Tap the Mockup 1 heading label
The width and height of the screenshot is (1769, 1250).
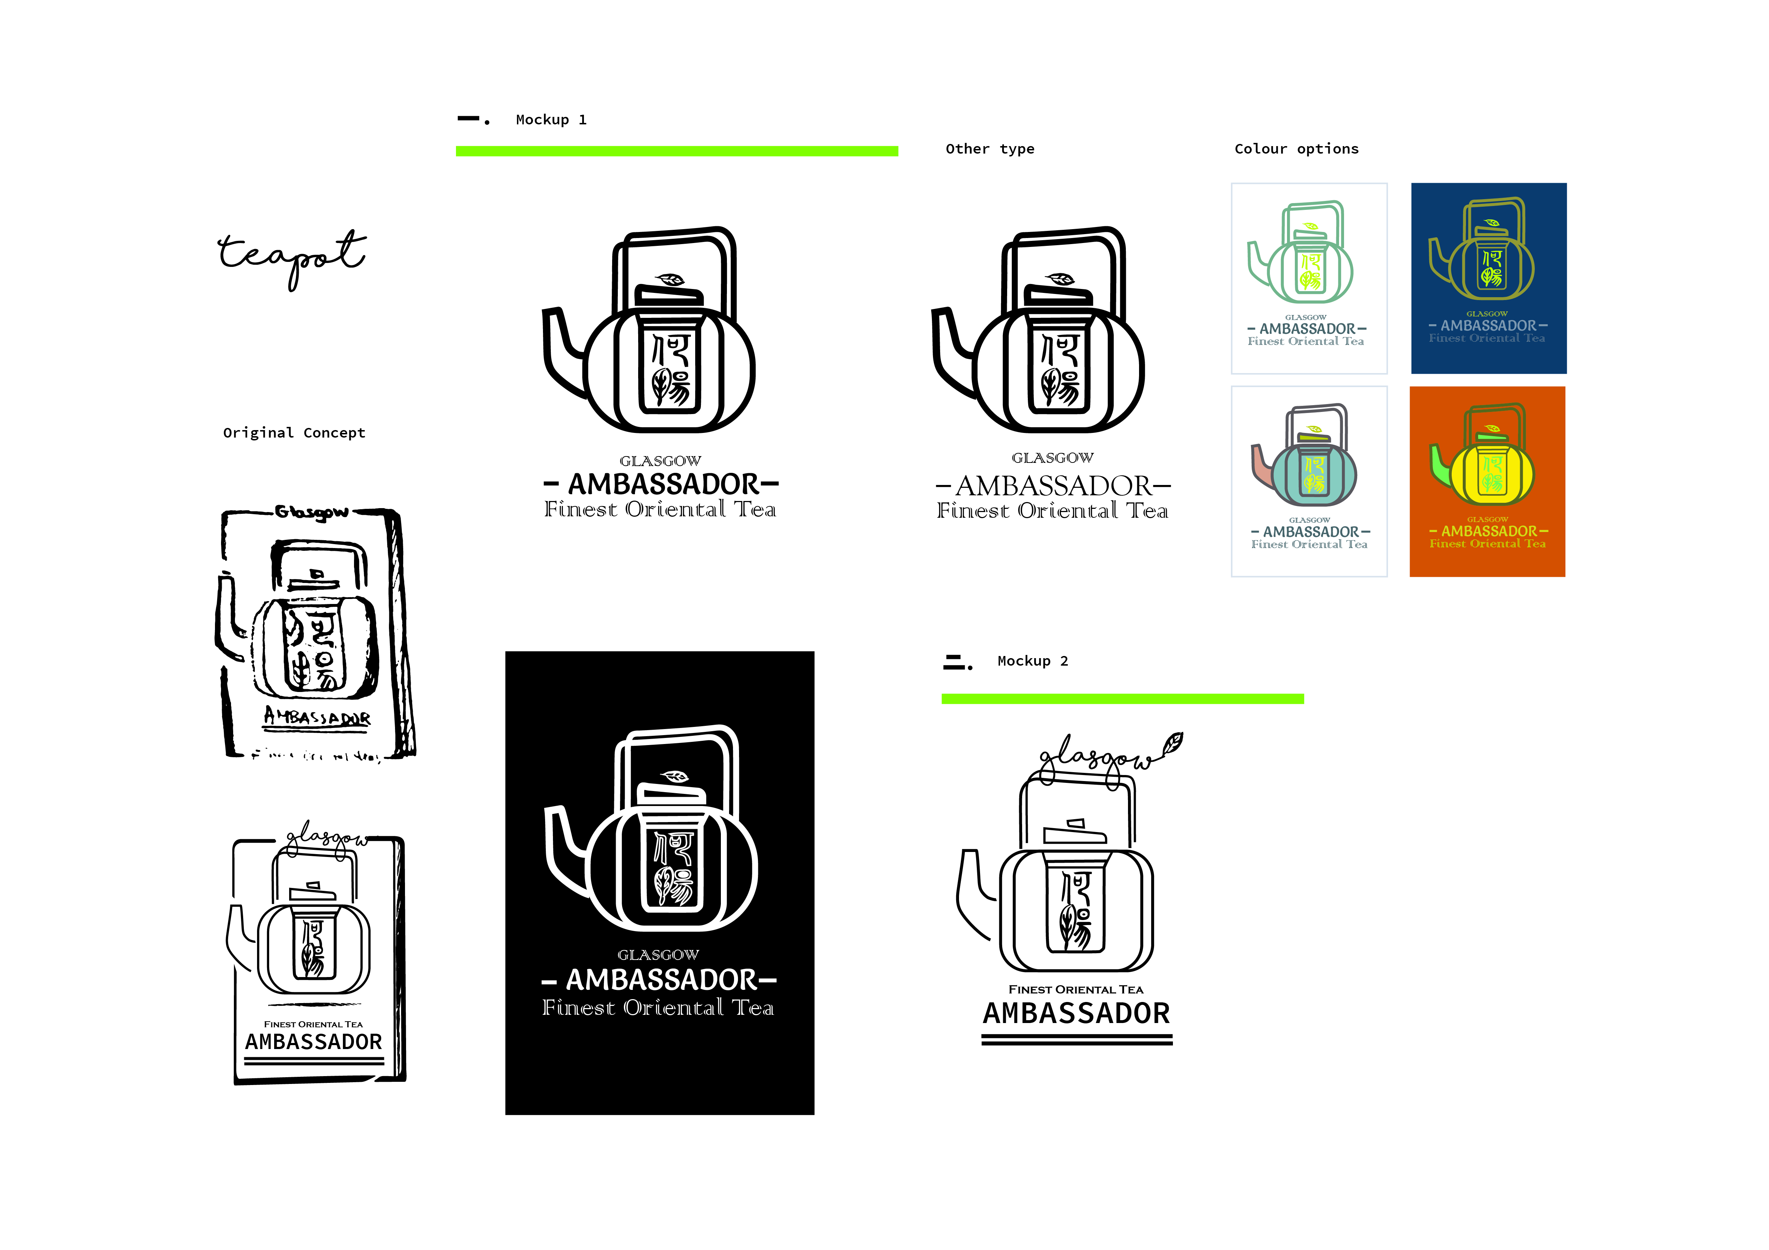[x=551, y=119]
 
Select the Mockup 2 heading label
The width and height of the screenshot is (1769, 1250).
[x=1032, y=661]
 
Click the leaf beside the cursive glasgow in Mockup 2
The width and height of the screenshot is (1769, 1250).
[x=1173, y=743]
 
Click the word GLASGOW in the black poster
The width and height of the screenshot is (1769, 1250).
[x=659, y=955]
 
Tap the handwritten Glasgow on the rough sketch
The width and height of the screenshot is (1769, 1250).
[x=312, y=512]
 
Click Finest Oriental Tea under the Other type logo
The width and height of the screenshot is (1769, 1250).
[x=1052, y=511]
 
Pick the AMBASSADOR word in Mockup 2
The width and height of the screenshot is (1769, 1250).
[x=1076, y=1013]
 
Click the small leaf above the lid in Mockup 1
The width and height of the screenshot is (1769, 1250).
[x=670, y=279]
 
